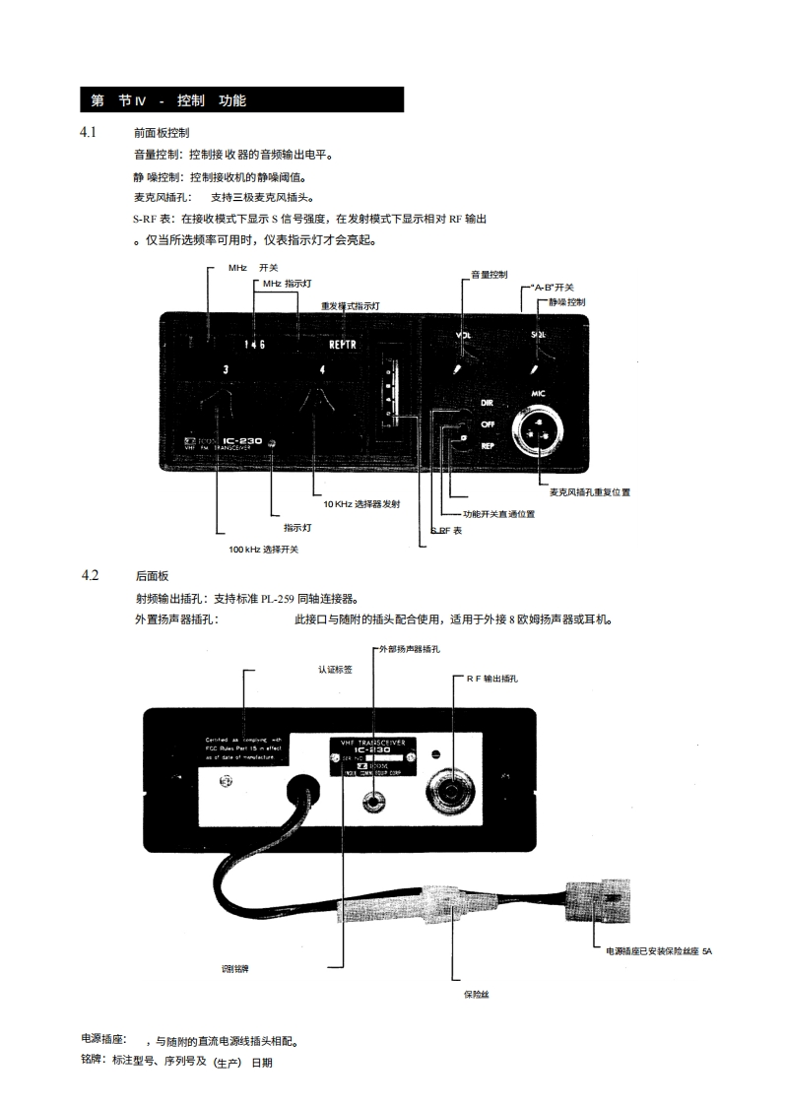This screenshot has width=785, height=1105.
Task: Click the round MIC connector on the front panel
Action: pos(538,429)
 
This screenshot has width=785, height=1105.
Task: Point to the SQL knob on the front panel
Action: pos(534,368)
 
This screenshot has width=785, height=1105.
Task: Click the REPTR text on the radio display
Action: pos(343,346)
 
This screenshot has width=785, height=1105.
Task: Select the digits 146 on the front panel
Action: pos(255,346)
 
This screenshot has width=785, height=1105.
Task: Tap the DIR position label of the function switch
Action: pos(487,404)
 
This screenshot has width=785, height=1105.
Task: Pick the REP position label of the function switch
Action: pos(487,445)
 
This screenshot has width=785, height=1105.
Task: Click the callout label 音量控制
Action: pos(489,274)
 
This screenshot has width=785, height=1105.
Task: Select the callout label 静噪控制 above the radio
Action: pos(567,301)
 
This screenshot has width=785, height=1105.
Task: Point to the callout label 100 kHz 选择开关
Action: pos(263,549)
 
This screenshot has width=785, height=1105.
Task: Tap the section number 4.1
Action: pos(89,131)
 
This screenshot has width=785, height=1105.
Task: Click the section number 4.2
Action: pos(89,575)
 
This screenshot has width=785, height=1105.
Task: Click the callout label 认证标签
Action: pos(335,668)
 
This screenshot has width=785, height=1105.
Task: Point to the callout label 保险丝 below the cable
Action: pos(477,995)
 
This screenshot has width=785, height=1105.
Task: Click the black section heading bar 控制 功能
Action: pos(241,100)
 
